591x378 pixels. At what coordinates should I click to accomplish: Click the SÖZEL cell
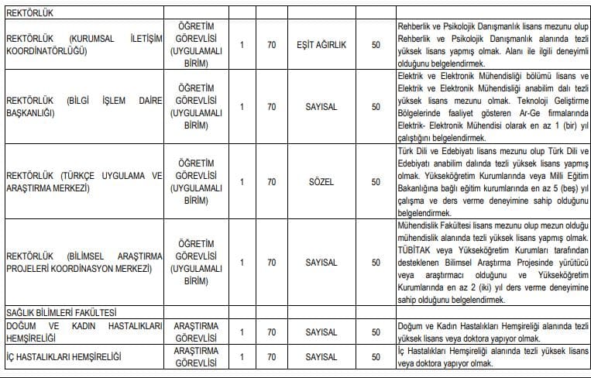tap(321, 182)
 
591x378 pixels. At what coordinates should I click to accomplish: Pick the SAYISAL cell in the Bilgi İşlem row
tap(321, 106)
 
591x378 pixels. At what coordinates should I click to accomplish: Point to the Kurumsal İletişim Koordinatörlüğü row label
tap(83, 45)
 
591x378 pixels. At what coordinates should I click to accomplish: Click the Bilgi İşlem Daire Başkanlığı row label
tap(83, 106)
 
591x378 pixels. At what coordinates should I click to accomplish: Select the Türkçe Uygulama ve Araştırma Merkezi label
tap(83, 182)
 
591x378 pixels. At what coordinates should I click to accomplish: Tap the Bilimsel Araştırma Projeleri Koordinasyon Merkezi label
tap(83, 263)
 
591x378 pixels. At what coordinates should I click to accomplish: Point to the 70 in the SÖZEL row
tap(271, 182)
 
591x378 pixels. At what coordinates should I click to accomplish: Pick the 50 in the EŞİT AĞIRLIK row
tap(376, 46)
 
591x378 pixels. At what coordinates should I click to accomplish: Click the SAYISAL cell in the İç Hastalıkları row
tap(321, 357)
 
